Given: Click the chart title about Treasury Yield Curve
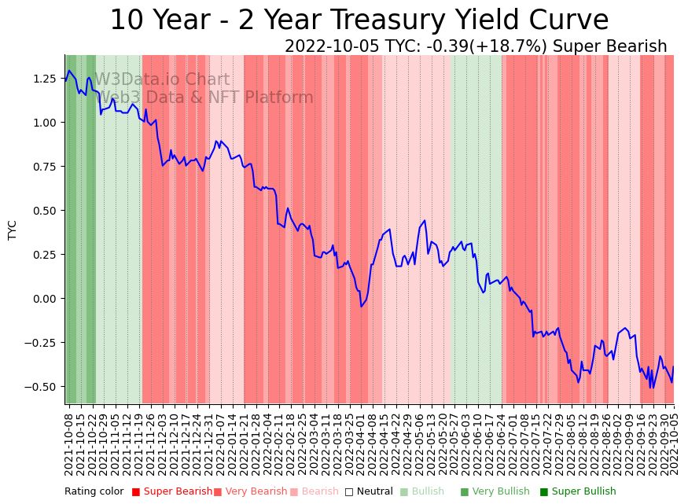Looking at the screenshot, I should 359,20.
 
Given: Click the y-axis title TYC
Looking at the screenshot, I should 12,230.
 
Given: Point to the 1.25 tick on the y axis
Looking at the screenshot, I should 45,79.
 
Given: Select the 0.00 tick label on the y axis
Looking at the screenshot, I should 45,299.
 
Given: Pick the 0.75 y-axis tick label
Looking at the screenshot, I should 45,167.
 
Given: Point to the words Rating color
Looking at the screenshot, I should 94,491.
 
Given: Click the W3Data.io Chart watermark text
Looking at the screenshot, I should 162,79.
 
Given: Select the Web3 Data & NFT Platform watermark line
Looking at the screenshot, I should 204,97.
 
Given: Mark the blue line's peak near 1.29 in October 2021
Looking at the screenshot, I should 69,71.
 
